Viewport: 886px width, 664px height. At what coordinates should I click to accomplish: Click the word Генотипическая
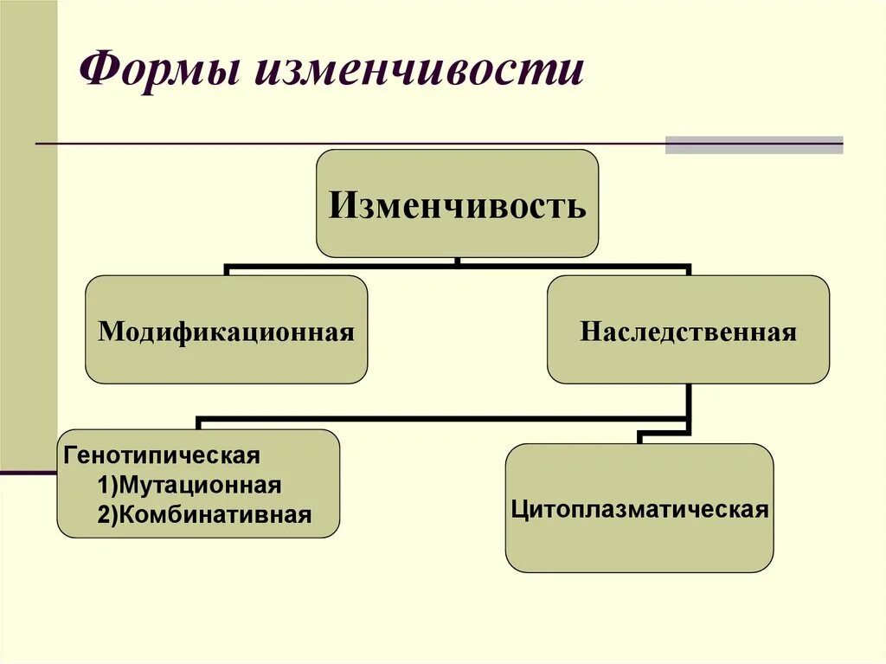(x=160, y=454)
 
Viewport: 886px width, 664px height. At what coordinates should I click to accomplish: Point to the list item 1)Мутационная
(x=189, y=484)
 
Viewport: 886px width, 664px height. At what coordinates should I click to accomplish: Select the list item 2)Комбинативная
(x=204, y=515)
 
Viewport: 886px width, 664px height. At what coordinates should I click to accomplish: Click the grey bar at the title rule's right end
(x=754, y=145)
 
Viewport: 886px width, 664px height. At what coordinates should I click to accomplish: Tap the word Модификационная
(x=226, y=332)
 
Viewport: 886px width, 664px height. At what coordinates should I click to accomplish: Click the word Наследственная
(x=688, y=332)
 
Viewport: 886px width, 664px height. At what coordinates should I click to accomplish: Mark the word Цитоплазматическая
(x=639, y=508)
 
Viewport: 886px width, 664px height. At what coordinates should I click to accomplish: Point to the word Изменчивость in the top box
(x=457, y=207)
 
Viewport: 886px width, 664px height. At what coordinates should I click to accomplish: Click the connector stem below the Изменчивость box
(x=457, y=261)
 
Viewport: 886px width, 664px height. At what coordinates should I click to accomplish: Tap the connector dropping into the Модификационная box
(x=227, y=270)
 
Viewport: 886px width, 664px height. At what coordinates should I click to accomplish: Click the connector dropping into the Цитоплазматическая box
(x=640, y=436)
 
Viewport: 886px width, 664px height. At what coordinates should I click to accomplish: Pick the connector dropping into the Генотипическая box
(x=199, y=423)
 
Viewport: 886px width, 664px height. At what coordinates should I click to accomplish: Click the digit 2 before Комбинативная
(x=102, y=515)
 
